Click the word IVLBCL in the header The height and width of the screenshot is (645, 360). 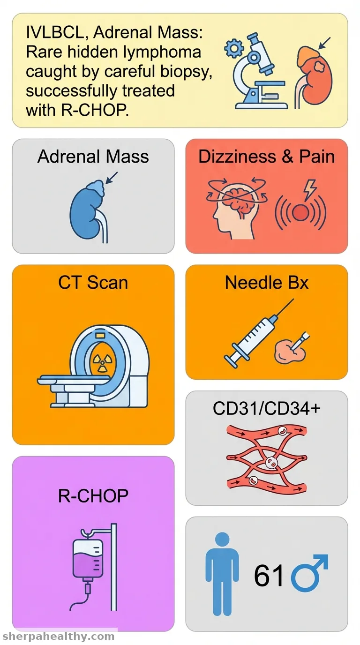(55, 32)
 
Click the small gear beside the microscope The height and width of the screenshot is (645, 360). (234, 48)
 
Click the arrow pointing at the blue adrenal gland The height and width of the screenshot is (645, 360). (112, 177)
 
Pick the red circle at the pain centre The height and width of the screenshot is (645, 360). (300, 213)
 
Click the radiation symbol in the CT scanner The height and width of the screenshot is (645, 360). (101, 363)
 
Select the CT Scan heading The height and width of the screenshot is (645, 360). (93, 283)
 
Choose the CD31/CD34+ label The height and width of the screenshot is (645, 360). (266, 408)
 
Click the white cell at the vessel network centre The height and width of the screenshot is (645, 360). (270, 463)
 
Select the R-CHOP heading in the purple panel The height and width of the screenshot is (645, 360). (93, 495)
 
